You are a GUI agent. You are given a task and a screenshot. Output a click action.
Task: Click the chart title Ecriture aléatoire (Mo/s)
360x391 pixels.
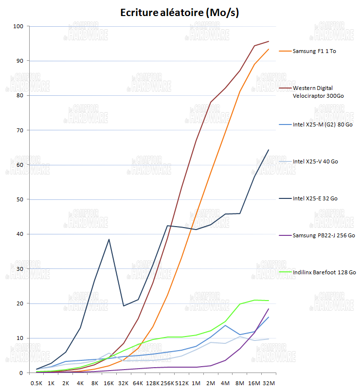[x=180, y=13]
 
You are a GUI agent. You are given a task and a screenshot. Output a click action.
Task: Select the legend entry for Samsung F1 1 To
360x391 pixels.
[x=314, y=51]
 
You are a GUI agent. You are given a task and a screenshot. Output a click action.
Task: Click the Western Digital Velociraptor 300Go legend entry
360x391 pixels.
[x=318, y=92]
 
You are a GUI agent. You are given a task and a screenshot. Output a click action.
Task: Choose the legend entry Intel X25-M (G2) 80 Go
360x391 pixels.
[x=323, y=124]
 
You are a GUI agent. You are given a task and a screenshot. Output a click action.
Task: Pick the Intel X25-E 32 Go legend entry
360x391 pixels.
[x=315, y=198]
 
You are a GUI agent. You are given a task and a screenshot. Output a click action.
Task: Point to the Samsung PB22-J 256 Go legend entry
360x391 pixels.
[x=324, y=235]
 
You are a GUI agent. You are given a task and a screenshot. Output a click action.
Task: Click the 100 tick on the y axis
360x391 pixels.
[x=18, y=26]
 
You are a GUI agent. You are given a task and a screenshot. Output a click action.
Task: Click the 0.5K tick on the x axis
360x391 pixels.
[x=36, y=383]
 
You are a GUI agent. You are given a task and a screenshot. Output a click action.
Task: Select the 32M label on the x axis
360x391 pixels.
[x=269, y=383]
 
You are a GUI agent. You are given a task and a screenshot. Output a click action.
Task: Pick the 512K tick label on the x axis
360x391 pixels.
[x=181, y=383]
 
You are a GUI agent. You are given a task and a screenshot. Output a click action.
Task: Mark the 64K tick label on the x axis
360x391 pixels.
[x=138, y=383]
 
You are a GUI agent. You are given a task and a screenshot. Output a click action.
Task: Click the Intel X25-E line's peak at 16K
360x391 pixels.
[x=109, y=239]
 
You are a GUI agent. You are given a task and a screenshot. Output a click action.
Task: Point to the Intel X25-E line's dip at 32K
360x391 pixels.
[x=124, y=306]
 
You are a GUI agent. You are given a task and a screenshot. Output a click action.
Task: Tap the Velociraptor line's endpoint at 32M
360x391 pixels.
[x=269, y=41]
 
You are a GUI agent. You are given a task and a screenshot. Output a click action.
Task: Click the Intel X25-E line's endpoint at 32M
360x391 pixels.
[x=269, y=150]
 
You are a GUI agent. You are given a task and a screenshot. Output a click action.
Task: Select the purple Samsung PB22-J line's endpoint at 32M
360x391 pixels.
[x=269, y=309]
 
